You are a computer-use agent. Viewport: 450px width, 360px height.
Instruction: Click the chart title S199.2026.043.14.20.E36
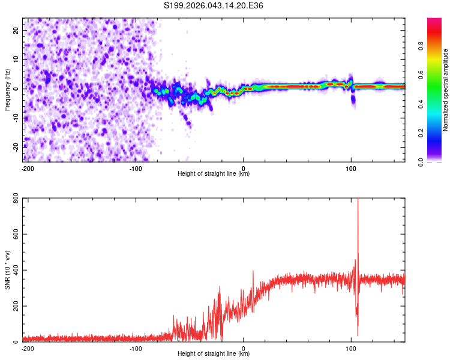pyautogui.click(x=214, y=5)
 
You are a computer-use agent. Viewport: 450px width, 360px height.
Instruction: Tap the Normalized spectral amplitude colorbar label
pyautogui.click(x=446, y=90)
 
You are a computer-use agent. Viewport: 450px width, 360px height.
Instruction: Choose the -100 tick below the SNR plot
pyautogui.click(x=136, y=349)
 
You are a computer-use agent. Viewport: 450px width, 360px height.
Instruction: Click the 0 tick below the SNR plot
pyautogui.click(x=244, y=349)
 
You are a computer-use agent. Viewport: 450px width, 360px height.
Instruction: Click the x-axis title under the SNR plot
pyautogui.click(x=214, y=354)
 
